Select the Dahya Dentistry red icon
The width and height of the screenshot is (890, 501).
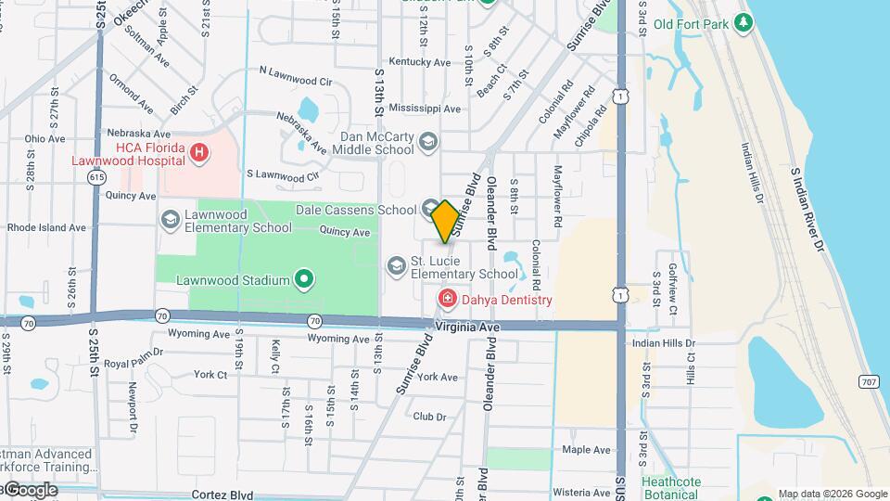(446, 299)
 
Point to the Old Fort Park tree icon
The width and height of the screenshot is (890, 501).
(742, 22)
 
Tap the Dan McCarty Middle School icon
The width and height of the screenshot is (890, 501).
(427, 141)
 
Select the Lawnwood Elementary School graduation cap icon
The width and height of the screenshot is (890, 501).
(170, 220)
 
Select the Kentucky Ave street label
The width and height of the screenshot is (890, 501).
(419, 62)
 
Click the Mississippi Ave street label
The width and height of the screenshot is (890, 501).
(425, 109)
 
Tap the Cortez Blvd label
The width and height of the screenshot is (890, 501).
(222, 495)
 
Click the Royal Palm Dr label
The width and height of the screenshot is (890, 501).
(133, 353)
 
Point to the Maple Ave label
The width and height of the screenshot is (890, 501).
(586, 450)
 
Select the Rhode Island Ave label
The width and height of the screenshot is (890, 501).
(46, 227)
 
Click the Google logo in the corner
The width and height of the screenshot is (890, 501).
(31, 489)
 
